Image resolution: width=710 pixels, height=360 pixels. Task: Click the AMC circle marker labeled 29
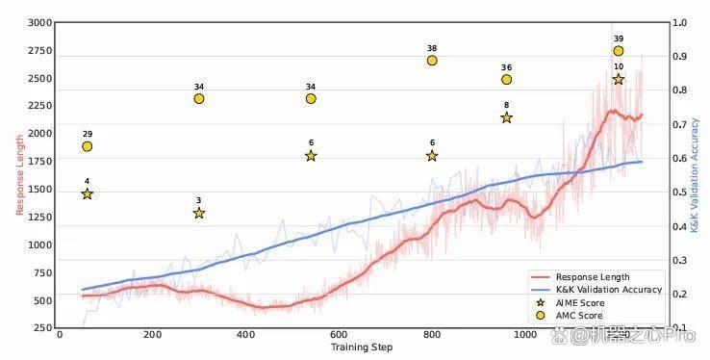[88, 146]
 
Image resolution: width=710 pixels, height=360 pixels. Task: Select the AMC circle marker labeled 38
[432, 61]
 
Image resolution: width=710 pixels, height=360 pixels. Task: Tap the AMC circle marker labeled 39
[619, 51]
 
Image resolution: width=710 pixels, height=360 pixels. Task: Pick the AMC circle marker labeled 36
[507, 79]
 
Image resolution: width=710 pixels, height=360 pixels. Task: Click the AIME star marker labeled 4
[88, 193]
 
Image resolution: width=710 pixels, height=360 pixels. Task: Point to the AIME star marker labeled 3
[199, 213]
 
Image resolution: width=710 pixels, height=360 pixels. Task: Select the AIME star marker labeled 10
[619, 79]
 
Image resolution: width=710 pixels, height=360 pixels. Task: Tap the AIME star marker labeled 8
[507, 117]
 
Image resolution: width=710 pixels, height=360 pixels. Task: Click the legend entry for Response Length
[580, 276]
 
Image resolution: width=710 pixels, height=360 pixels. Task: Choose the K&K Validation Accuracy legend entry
[596, 290]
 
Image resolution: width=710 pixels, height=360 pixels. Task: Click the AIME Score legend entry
[570, 302]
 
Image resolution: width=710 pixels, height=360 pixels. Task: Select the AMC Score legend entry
[570, 315]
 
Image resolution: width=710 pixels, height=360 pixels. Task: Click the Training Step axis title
[362, 347]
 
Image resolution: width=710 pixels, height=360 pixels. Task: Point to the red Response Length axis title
[19, 174]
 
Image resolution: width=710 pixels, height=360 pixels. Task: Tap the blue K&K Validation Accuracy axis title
[695, 175]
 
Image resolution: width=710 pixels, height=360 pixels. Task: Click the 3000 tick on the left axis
[39, 23]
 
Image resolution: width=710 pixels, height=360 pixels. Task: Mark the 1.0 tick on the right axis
[679, 23]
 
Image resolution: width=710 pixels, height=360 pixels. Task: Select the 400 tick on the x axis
[246, 335]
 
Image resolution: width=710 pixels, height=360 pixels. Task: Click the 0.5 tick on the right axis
[679, 192]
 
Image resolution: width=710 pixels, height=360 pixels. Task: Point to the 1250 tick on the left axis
[39, 217]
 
